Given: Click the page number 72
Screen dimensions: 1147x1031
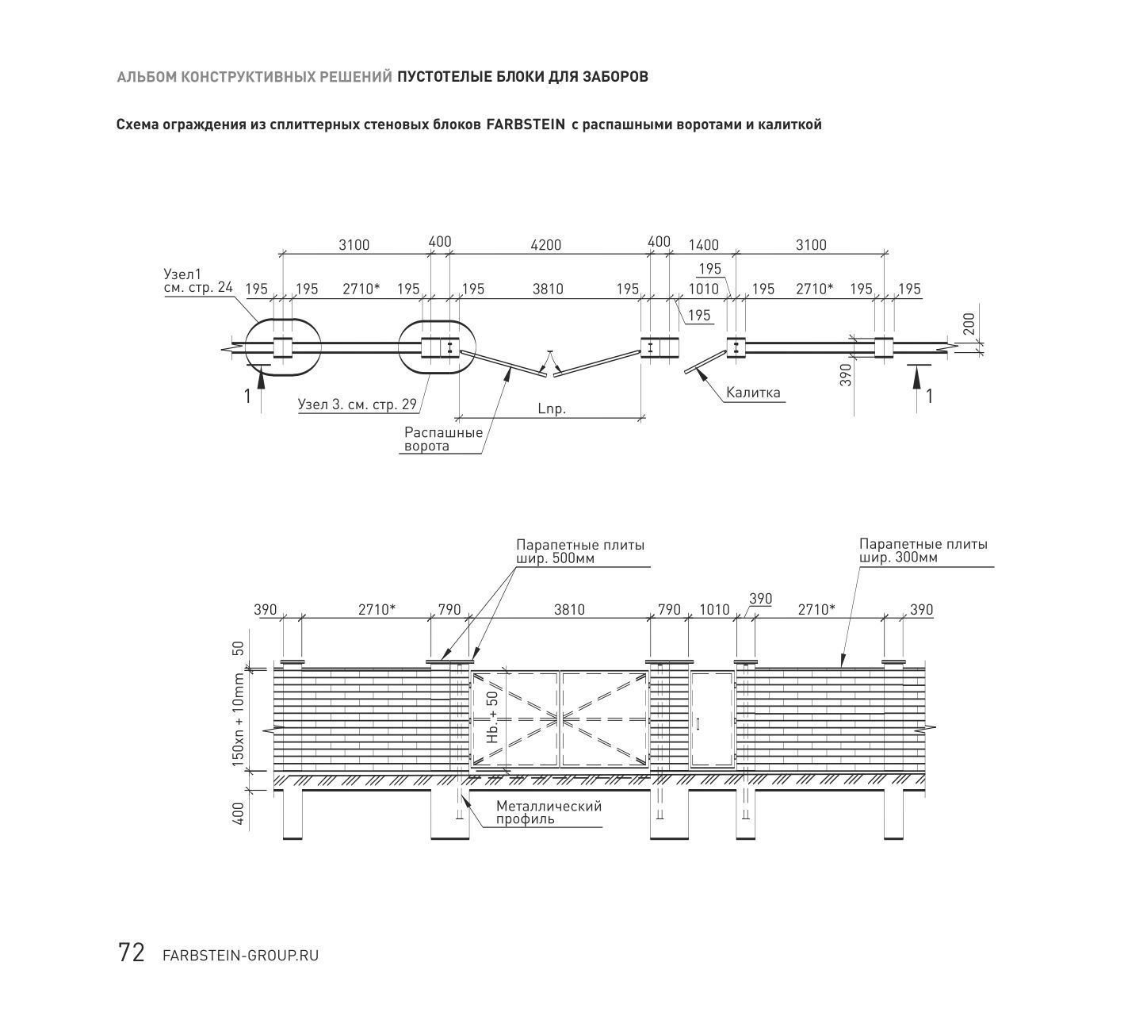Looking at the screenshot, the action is tap(132, 952).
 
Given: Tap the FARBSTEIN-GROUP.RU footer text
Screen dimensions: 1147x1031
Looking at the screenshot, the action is tap(241, 956).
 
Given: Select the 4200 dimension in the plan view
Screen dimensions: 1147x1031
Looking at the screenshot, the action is tap(546, 245).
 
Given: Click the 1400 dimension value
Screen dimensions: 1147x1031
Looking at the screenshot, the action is tap(703, 245).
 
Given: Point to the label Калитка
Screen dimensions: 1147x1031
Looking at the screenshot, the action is tap(753, 392).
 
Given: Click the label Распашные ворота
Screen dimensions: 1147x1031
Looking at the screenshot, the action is tap(443, 439).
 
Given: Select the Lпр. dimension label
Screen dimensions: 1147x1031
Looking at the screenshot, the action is tap(552, 409).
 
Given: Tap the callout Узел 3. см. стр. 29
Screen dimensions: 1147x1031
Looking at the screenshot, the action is tap(357, 404).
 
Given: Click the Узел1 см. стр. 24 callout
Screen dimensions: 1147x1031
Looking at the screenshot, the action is tap(198, 281).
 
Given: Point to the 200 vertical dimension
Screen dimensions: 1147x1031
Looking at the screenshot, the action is tap(969, 324).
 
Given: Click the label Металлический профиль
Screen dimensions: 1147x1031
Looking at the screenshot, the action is tap(549, 812).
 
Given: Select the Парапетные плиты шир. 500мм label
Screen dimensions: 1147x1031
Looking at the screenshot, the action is tap(580, 551).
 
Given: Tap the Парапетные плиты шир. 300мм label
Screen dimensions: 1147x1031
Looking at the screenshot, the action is tap(923, 550).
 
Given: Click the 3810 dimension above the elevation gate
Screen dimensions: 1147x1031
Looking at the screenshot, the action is tap(569, 610).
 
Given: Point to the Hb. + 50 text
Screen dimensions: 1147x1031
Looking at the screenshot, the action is tap(492, 717).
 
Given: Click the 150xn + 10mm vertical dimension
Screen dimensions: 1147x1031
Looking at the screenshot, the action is tap(238, 719).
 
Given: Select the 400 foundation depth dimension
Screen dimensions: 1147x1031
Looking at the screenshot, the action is tap(239, 814).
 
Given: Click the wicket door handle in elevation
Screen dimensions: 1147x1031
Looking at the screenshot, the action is tap(698, 723).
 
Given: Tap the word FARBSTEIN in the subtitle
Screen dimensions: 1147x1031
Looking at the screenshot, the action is tap(526, 124).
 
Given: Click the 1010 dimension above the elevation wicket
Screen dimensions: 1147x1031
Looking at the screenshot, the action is tap(714, 610).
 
